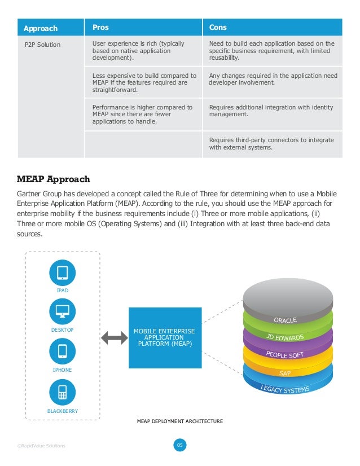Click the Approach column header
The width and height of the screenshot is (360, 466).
coord(41,28)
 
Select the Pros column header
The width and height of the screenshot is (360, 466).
coord(100,28)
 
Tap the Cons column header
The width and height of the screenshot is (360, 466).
coord(218,28)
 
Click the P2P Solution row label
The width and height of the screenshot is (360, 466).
coord(42,45)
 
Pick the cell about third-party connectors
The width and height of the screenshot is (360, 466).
coord(271,144)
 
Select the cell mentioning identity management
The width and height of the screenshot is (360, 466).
coord(271,111)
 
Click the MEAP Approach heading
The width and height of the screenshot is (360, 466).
coord(54,179)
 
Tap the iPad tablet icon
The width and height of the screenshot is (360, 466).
coord(62,273)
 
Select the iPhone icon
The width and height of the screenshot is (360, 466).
coord(62,351)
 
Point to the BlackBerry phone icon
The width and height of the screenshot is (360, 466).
coord(62,392)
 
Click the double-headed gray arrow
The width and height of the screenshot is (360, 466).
coord(114,338)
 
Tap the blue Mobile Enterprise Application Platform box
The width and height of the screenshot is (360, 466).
coord(165,337)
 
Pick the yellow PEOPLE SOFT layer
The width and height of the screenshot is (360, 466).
coord(285,355)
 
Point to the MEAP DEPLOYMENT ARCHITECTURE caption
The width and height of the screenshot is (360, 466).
coord(180,421)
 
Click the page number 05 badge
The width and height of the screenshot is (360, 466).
coord(179,446)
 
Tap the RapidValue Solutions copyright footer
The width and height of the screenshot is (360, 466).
coord(41,446)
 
